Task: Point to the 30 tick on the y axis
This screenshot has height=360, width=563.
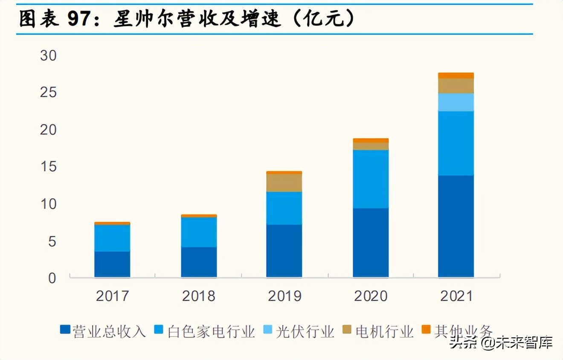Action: (x=48, y=55)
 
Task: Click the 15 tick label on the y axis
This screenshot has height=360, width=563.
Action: (x=48, y=167)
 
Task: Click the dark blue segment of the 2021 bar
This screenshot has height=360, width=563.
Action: (x=456, y=226)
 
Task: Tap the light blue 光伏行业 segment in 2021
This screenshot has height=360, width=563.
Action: (x=456, y=102)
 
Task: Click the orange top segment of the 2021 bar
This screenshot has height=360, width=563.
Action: (x=456, y=75)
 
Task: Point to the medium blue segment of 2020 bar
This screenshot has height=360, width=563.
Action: (x=371, y=179)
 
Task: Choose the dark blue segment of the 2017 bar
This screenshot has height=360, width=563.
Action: (x=112, y=264)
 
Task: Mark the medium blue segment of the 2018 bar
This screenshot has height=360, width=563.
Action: (x=199, y=232)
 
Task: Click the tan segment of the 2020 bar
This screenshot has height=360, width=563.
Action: (x=371, y=146)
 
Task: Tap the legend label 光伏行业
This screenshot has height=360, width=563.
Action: (x=305, y=331)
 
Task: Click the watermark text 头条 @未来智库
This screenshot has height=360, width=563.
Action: (x=501, y=343)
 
